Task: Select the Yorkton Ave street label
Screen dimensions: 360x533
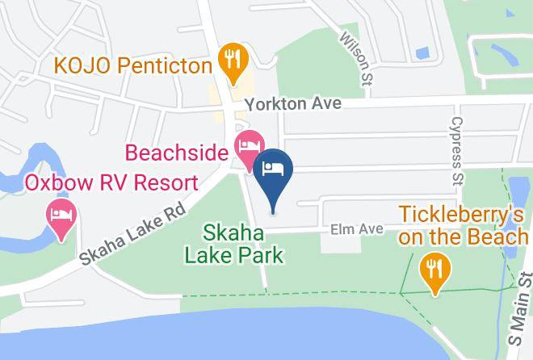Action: pos(295,104)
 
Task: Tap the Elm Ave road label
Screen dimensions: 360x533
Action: pos(355,230)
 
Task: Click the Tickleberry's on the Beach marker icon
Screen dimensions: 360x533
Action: pos(435,269)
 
